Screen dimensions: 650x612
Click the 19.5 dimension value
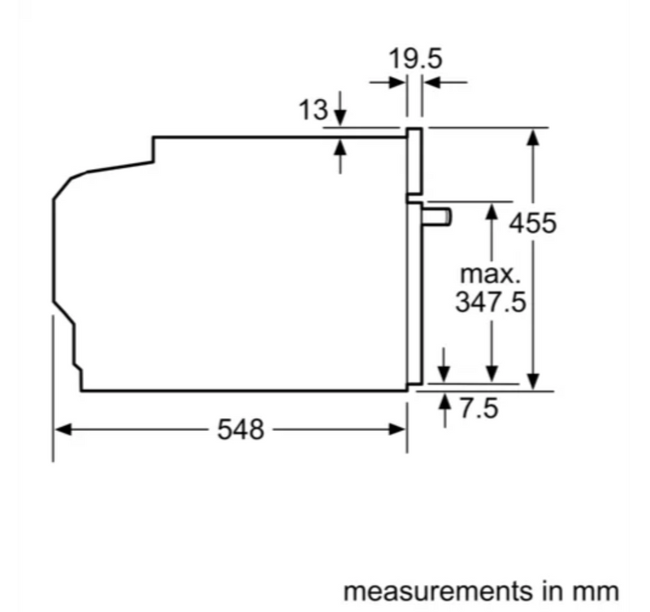[415, 58]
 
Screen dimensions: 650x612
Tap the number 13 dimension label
[313, 110]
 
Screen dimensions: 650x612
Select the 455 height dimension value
[533, 223]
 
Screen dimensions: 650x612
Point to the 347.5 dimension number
[491, 301]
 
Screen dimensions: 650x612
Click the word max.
[490, 274]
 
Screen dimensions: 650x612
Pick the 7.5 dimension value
[479, 408]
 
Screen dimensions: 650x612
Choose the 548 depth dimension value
[240, 429]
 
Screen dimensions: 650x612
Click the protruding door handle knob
[437, 218]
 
